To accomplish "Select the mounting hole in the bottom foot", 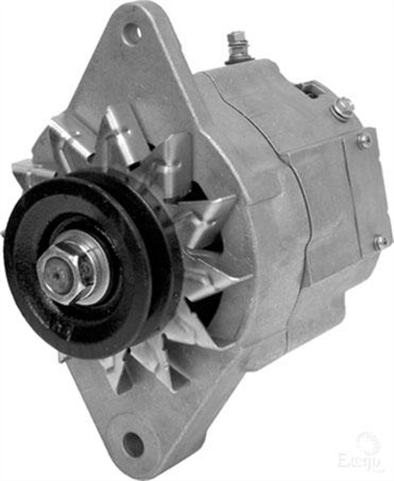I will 132,445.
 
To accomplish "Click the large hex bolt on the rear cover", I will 342,108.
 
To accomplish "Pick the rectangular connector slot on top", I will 310,90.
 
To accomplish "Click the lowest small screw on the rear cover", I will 380,241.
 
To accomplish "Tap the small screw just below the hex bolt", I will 363,140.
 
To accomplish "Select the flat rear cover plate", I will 355,192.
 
